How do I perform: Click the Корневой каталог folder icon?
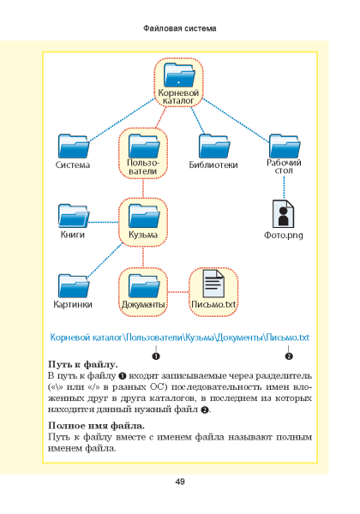pyautogui.click(x=179, y=75)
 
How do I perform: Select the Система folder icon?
pyautogui.click(x=74, y=146)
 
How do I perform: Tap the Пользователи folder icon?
pyautogui.click(x=144, y=146)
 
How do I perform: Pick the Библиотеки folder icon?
pyautogui.click(x=213, y=146)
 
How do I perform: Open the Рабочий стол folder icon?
pyautogui.click(x=285, y=146)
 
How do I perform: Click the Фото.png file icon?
pyautogui.click(x=283, y=213)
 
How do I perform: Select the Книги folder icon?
pyautogui.click(x=74, y=216)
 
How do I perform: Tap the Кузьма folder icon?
pyautogui.click(x=144, y=216)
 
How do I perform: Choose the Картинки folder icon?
pyautogui.click(x=74, y=286)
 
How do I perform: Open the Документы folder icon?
pyautogui.click(x=144, y=286)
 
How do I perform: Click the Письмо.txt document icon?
pyautogui.click(x=213, y=284)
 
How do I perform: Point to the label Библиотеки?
pyautogui.click(x=213, y=164)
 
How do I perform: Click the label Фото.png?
pyautogui.click(x=284, y=235)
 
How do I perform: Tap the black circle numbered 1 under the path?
pyautogui.click(x=156, y=356)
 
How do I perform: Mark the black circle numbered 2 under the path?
pyautogui.click(x=289, y=356)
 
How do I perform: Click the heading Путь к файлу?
pyautogui.click(x=83, y=365)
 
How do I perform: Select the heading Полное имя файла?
pyautogui.click(x=96, y=426)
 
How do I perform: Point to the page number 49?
pyautogui.click(x=180, y=481)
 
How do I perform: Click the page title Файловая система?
pyautogui.click(x=180, y=28)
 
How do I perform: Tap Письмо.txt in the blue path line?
pyautogui.click(x=287, y=338)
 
